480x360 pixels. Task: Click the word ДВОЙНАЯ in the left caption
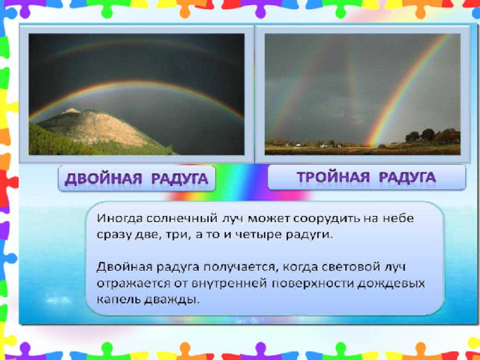click(x=103, y=178)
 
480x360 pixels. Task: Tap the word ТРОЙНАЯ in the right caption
click(x=333, y=178)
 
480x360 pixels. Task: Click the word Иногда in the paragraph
click(x=120, y=218)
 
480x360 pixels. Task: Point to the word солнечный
click(x=180, y=218)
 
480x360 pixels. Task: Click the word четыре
click(x=259, y=235)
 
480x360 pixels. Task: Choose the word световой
click(x=351, y=267)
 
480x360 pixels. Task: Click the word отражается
click(x=133, y=283)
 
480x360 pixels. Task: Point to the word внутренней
click(x=229, y=283)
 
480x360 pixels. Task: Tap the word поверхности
click(x=313, y=283)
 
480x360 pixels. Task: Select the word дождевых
click(x=391, y=283)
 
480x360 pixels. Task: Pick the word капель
click(x=118, y=299)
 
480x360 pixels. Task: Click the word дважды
click(x=172, y=299)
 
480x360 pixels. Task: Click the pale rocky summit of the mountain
click(x=72, y=110)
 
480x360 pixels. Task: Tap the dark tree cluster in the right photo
click(x=427, y=135)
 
